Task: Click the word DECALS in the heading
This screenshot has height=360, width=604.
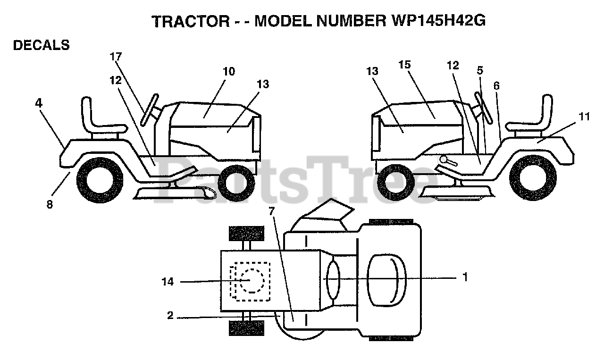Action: coord(42,45)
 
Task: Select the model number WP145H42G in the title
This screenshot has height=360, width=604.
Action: coord(436,22)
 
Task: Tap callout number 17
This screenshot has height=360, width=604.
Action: coord(116,57)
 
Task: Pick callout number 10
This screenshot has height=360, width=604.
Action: coord(229,71)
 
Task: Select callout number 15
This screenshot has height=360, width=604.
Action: coord(405,65)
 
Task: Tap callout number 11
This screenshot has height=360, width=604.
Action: coord(584,117)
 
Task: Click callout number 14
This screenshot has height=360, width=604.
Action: coord(168,282)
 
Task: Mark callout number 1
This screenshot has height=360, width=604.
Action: coord(465,277)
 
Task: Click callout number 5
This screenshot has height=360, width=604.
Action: coord(480,71)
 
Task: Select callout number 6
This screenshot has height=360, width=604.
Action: coord(496,86)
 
